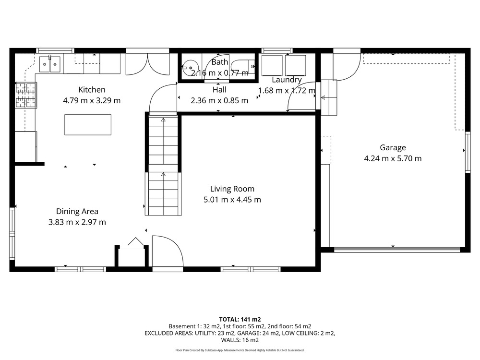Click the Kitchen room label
(x=92, y=90)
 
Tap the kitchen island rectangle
(x=88, y=125)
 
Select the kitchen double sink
(x=50, y=64)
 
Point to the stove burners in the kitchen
(x=26, y=95)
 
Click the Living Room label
(x=232, y=189)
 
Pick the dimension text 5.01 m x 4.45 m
(x=232, y=200)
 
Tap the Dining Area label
(x=77, y=212)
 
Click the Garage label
(x=393, y=148)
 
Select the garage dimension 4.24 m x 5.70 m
(x=393, y=158)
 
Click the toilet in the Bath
(x=243, y=66)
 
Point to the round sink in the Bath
(x=190, y=67)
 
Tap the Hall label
(x=219, y=90)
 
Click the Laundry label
(x=287, y=80)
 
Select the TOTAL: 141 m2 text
(x=240, y=320)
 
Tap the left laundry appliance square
(x=272, y=65)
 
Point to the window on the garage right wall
(x=468, y=152)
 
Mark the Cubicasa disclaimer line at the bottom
(x=240, y=350)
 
